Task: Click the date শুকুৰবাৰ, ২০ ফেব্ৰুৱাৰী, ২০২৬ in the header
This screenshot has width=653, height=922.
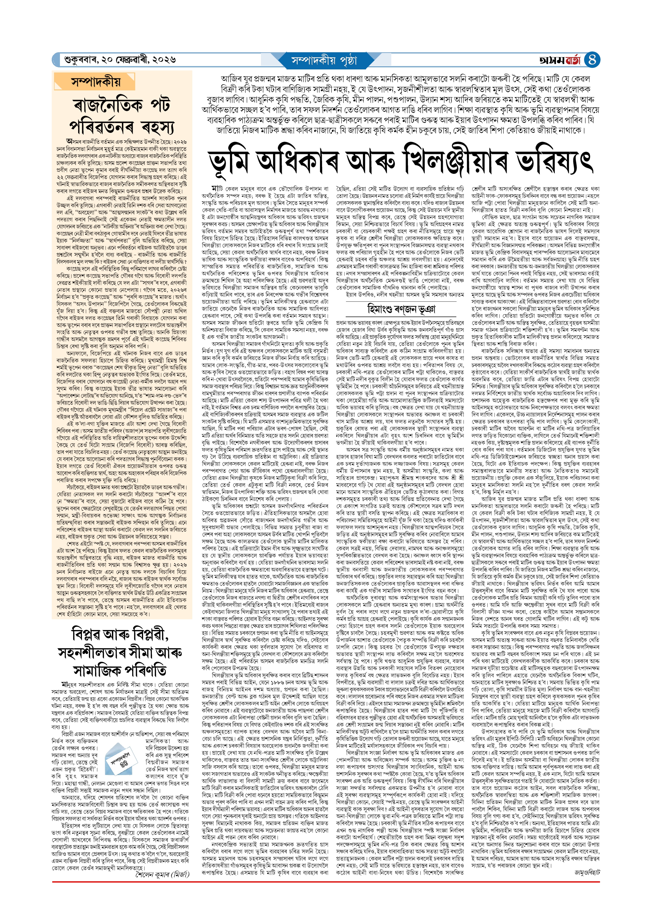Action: point(120,60)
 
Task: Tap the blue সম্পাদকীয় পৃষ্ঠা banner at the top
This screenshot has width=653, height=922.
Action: point(324,60)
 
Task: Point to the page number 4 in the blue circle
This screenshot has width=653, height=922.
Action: point(592,60)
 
